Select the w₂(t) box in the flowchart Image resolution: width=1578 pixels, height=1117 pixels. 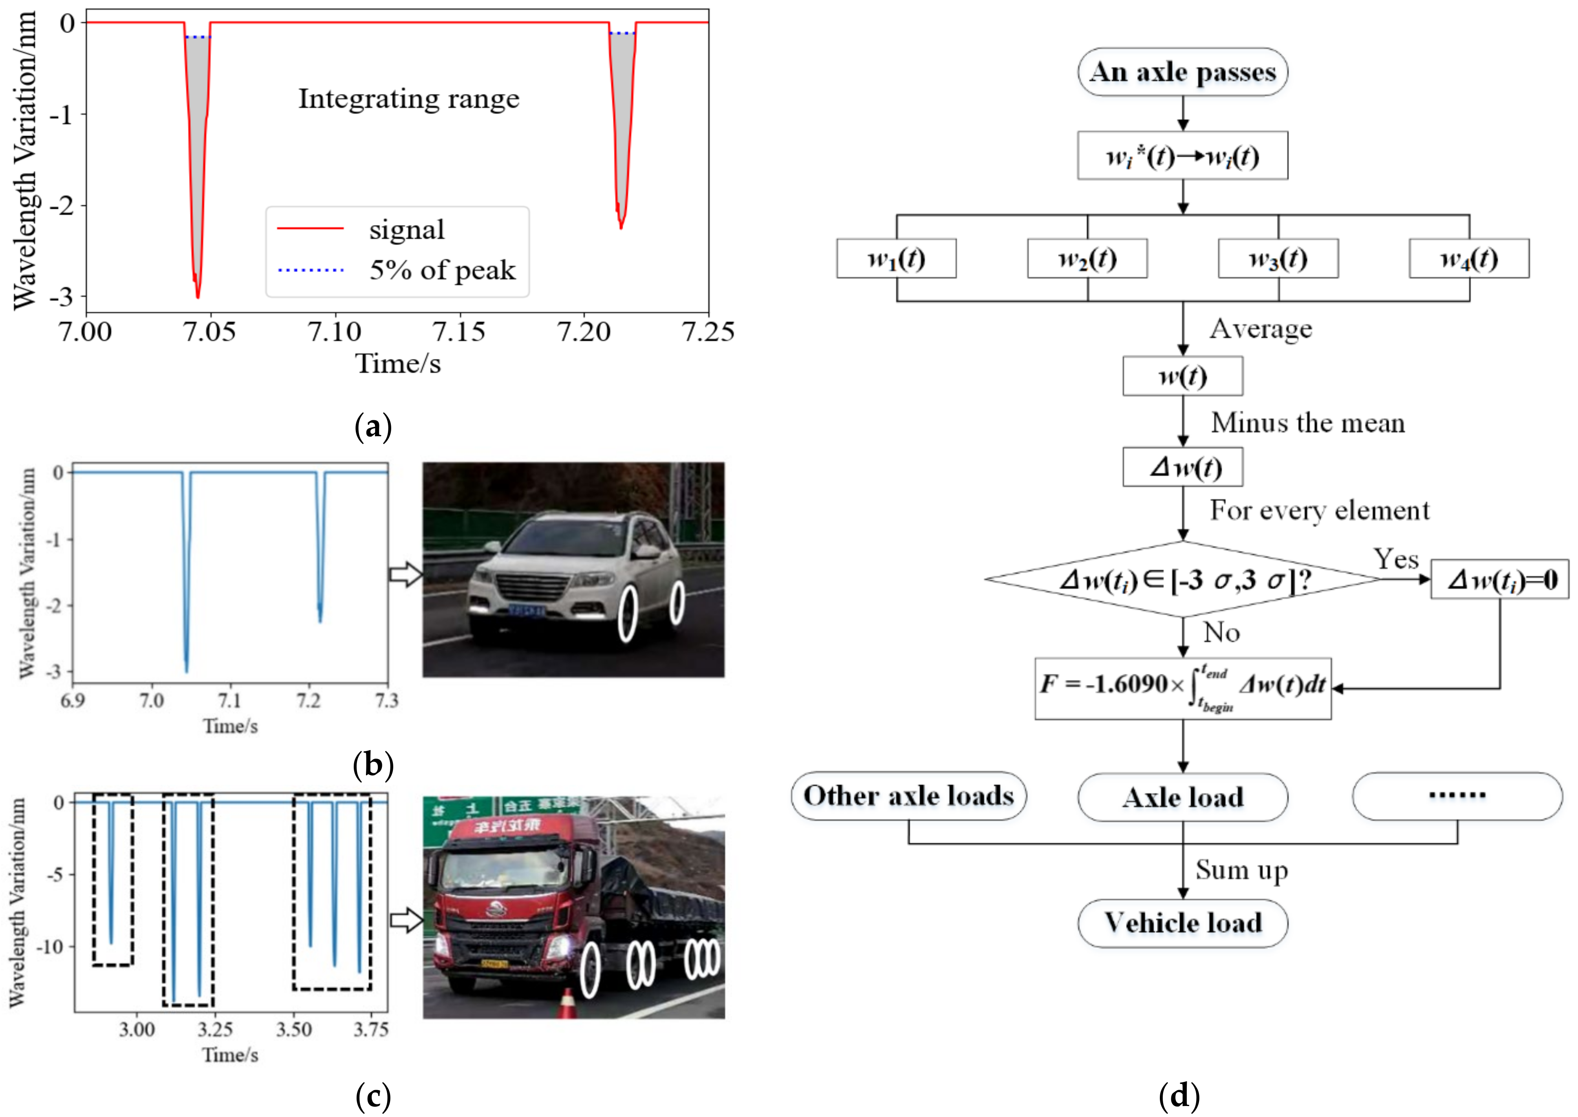[x=1087, y=258]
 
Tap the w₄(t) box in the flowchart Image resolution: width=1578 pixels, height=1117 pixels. [x=1469, y=258]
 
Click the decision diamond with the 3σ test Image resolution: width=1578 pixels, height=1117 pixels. [x=1183, y=579]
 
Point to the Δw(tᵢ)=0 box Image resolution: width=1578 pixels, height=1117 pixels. [x=1500, y=580]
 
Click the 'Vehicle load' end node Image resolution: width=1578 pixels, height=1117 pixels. [x=1183, y=923]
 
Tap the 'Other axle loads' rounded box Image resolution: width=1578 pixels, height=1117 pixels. [x=908, y=796]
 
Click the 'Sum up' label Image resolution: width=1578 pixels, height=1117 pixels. [x=1241, y=870]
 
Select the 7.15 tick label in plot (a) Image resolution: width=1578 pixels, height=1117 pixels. [x=458, y=331]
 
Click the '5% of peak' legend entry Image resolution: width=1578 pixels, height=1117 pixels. [x=442, y=269]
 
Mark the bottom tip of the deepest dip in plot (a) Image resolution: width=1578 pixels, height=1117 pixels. [x=198, y=297]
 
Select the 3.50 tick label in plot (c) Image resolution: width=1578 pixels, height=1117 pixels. [x=293, y=1030]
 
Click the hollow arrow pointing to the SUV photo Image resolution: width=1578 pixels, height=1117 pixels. [x=406, y=574]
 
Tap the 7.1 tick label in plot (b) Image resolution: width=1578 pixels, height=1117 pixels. [x=230, y=701]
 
